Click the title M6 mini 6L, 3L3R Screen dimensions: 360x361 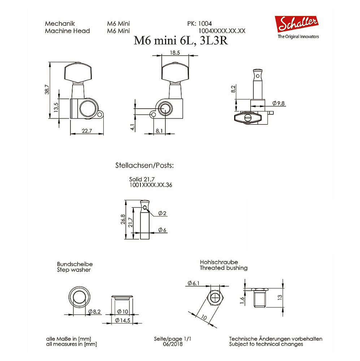tap(181, 41)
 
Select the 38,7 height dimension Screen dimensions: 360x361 tap(47, 89)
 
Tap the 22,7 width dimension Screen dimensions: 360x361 tap(87, 131)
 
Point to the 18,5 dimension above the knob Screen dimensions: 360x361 tap(175, 53)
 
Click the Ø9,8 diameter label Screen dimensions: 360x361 tap(278, 103)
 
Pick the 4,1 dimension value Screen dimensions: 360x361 tap(133, 127)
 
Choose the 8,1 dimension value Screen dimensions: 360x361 tap(159, 131)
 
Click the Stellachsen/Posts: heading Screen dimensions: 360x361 tap(144, 165)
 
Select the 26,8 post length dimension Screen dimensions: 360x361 tap(123, 219)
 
